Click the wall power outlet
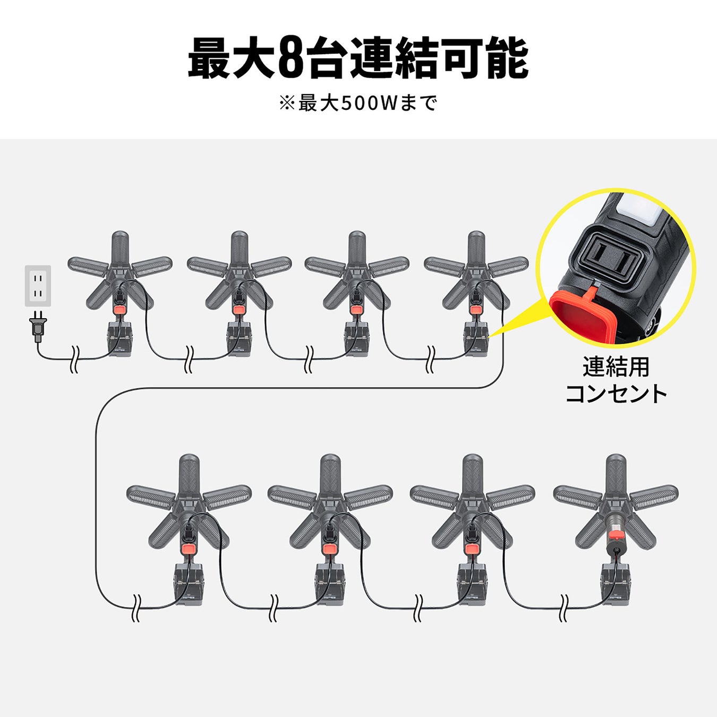coord(38,286)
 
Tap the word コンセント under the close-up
coord(616,394)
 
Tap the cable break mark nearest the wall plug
coord(74,359)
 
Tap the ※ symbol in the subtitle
coord(287,104)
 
